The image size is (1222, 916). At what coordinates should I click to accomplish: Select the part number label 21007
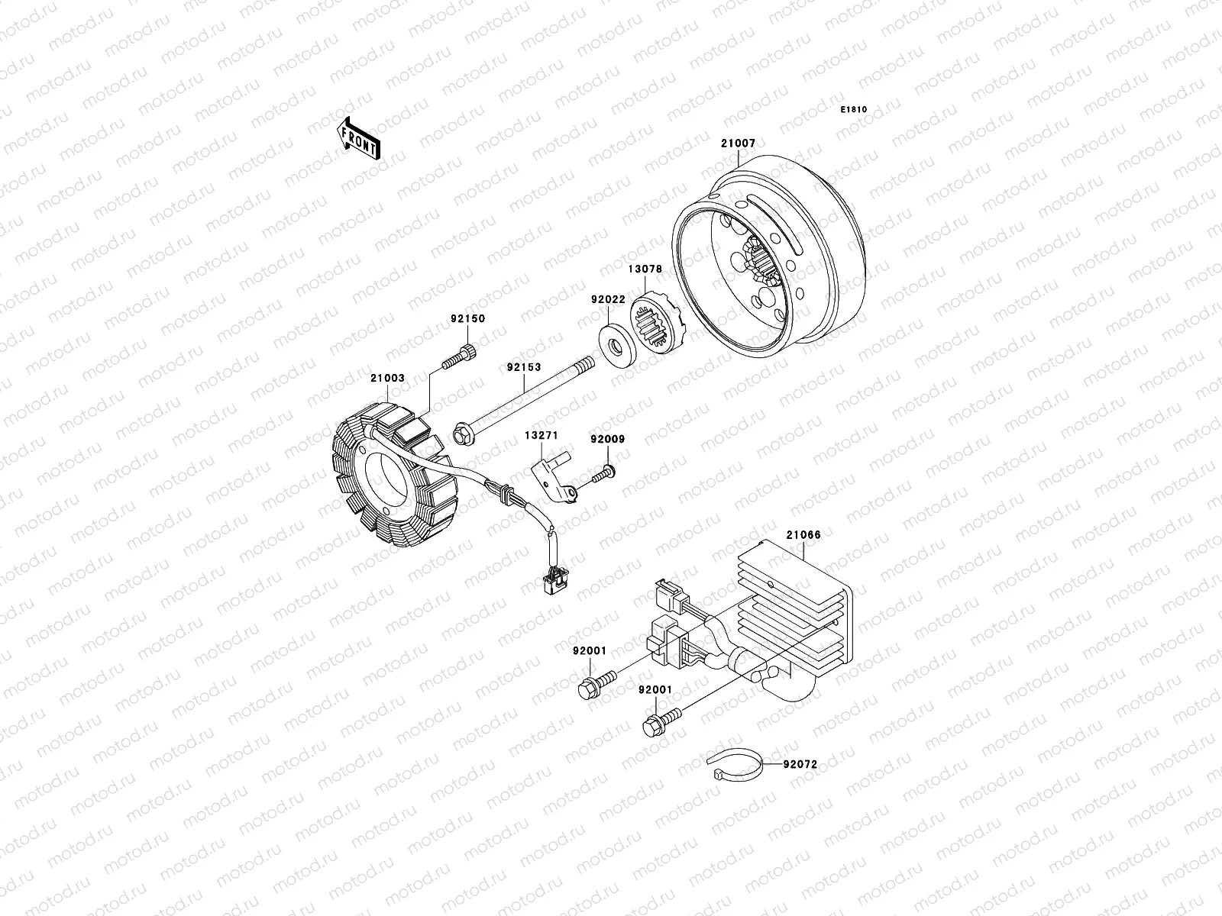737,144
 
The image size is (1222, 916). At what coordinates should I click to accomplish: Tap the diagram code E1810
854,110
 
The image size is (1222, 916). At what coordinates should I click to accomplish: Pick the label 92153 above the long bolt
523,367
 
